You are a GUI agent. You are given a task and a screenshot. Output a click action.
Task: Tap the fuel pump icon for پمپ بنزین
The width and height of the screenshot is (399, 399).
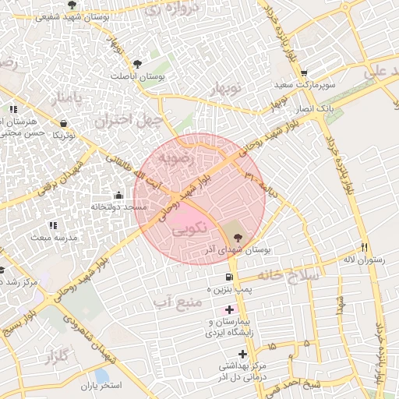pos(228,277)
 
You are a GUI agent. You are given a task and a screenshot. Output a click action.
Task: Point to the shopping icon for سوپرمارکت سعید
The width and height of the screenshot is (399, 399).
pos(304,72)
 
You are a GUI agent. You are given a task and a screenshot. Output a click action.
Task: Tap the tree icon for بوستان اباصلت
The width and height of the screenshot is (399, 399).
pos(138,63)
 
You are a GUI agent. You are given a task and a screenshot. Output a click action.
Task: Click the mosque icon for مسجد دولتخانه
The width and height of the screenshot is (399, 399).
pos(118,195)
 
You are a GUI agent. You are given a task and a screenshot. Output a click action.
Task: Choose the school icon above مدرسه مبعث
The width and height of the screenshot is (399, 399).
pos(52,224)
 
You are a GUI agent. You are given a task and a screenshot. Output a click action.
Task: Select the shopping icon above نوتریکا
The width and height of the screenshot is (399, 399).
pos(63,123)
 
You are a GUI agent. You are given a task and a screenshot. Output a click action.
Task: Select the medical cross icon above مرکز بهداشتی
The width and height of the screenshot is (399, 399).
pos(243,354)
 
